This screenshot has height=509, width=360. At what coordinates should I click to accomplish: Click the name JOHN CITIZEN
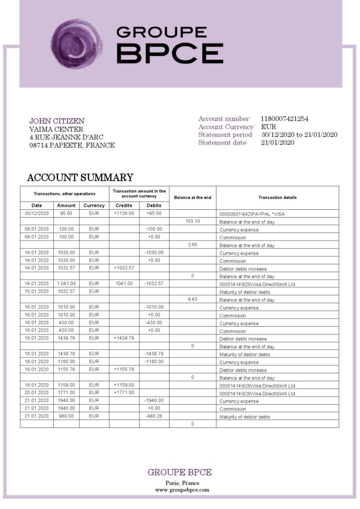tap(57, 121)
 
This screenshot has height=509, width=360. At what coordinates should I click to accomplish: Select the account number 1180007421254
tap(284, 119)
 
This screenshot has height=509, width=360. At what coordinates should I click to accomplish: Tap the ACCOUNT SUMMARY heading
tap(80, 177)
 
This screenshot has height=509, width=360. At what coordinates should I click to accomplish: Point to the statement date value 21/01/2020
tap(277, 143)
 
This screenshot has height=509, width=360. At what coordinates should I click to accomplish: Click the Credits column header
tap(124, 205)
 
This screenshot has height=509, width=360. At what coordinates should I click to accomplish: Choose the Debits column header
tap(154, 205)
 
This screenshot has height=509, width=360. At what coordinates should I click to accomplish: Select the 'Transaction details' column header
tap(277, 197)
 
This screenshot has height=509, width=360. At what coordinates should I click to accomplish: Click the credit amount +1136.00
tap(124, 213)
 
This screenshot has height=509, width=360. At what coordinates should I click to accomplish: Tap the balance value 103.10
tap(192, 221)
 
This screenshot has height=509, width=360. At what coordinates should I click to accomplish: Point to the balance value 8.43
tap(192, 300)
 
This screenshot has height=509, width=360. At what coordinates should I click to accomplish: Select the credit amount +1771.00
tap(124, 393)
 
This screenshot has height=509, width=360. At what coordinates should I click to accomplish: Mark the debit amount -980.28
tap(154, 416)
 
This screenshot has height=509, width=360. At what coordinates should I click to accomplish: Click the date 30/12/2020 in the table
tap(37, 213)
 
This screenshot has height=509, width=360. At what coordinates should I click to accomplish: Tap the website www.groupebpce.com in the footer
tap(182, 490)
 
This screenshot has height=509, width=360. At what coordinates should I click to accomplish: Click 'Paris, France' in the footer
tap(182, 483)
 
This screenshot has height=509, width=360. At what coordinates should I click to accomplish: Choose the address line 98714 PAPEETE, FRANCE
tap(72, 146)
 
